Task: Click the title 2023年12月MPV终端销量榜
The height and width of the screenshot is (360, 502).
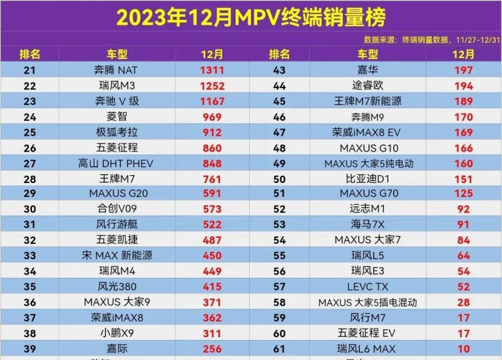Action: tap(250, 17)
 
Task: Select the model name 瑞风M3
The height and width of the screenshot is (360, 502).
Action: tap(117, 85)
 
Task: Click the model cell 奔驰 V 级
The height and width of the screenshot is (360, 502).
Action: tap(117, 101)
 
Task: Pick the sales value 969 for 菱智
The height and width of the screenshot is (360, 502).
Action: tap(212, 116)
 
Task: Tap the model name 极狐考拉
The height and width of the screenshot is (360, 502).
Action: tap(117, 132)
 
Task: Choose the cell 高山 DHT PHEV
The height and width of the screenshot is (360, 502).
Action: tap(117, 163)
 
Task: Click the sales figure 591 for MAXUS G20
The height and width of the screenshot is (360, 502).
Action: tap(212, 194)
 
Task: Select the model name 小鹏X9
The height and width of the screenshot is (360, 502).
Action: tap(117, 333)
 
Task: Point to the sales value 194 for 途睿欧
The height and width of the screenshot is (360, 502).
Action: tap(463, 85)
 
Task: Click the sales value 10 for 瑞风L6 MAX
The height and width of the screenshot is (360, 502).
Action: tap(463, 349)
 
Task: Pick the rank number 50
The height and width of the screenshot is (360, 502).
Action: tap(279, 178)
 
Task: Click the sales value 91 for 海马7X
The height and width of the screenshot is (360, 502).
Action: tap(463, 224)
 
